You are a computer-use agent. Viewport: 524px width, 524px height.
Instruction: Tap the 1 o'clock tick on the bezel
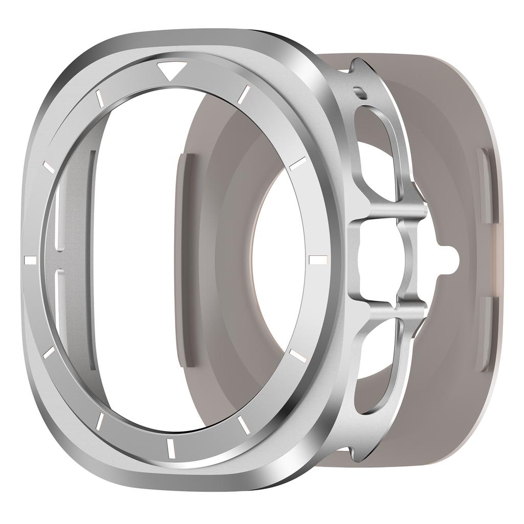point(244,94)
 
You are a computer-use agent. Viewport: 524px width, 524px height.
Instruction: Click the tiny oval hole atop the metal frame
point(361,91)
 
